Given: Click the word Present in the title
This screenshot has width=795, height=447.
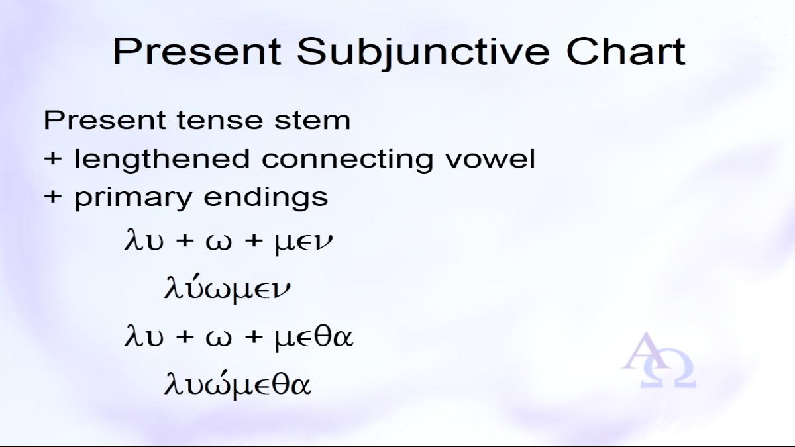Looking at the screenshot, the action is click(x=197, y=52).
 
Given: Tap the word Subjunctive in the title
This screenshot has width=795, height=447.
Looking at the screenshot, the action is click(x=423, y=53).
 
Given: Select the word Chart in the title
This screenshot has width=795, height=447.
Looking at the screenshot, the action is click(x=625, y=51).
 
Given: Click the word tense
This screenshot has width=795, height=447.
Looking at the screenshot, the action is click(x=220, y=120).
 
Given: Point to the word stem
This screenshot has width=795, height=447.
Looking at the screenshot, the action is click(x=312, y=121).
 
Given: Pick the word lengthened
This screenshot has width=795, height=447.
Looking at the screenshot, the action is click(x=162, y=160).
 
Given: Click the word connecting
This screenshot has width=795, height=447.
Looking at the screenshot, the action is click(x=347, y=160).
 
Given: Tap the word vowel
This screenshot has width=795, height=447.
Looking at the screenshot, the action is click(x=490, y=158).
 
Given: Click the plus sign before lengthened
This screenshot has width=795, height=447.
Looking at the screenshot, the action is click(x=53, y=158).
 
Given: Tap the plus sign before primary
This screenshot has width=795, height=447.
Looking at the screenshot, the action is click(x=53, y=197).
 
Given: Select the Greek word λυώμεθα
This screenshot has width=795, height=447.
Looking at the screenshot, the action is click(x=237, y=384).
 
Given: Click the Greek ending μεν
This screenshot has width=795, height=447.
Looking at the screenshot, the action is click(x=304, y=242).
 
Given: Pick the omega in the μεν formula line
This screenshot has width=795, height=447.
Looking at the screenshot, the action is click(x=219, y=242).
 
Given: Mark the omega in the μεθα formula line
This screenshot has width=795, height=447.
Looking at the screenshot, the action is click(x=219, y=338).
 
